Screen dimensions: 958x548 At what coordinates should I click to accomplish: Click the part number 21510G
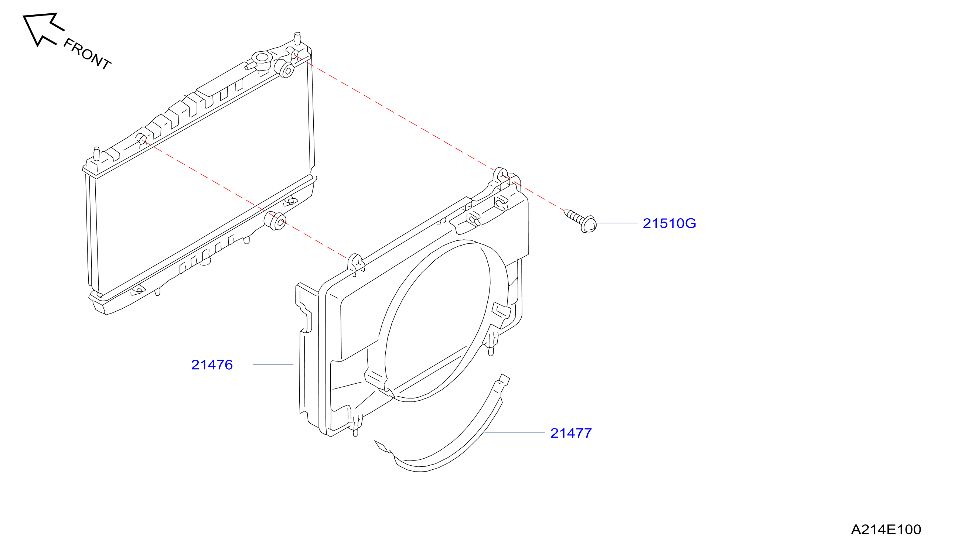pyautogui.click(x=669, y=223)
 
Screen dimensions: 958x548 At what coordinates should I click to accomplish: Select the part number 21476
pyautogui.click(x=212, y=365)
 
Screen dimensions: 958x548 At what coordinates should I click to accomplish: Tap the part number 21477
pyautogui.click(x=571, y=433)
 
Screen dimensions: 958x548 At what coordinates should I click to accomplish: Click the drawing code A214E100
pyautogui.click(x=886, y=530)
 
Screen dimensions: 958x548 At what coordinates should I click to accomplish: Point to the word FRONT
pyautogui.click(x=87, y=54)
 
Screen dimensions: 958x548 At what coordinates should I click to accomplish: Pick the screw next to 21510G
pyautogui.click(x=580, y=221)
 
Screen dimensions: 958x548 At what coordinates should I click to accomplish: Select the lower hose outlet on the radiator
pyautogui.click(x=276, y=221)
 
